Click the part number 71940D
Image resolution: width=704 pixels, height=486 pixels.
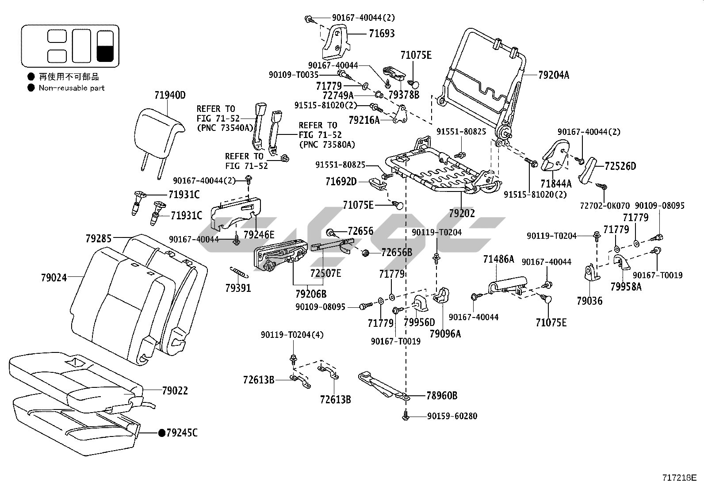(x=170, y=95)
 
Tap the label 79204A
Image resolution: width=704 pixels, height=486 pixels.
(x=554, y=75)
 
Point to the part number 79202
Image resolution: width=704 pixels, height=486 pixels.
(x=462, y=213)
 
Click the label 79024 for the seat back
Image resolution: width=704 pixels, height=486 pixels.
(x=54, y=278)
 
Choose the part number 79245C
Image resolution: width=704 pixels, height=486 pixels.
(x=182, y=432)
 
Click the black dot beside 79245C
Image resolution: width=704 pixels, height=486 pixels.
(x=162, y=432)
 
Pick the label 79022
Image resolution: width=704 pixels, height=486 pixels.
(x=175, y=391)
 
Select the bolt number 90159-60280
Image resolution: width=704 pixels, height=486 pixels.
(x=452, y=416)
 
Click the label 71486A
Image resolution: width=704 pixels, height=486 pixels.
(x=498, y=259)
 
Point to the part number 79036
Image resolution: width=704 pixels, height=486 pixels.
(x=589, y=301)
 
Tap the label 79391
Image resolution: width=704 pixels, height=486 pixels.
(x=238, y=288)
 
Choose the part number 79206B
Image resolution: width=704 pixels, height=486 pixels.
(x=311, y=293)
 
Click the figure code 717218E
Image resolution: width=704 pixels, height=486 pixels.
(x=679, y=478)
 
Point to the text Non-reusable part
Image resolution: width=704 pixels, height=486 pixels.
(x=72, y=88)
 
